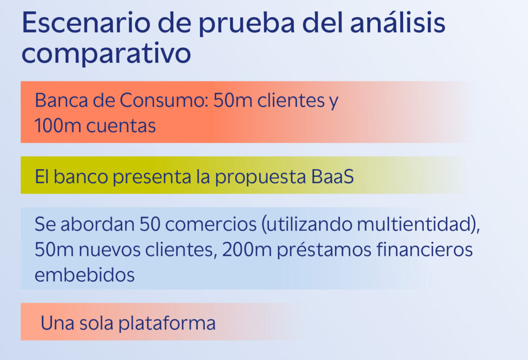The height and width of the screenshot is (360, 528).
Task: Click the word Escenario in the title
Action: click(x=86, y=23)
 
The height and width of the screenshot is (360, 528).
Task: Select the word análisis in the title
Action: click(x=398, y=22)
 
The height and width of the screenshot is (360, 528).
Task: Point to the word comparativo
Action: click(x=106, y=54)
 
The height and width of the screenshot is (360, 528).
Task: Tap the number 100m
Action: click(x=58, y=126)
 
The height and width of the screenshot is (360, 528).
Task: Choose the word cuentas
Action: click(x=121, y=126)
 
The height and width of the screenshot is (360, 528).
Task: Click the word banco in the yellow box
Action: click(x=81, y=176)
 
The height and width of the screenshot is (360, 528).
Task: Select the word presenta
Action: click(x=152, y=177)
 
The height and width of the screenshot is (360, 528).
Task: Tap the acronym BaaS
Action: click(x=333, y=176)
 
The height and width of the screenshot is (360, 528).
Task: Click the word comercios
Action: click(x=211, y=224)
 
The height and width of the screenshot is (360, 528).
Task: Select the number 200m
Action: click(x=247, y=250)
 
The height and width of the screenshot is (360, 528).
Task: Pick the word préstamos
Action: click(x=324, y=251)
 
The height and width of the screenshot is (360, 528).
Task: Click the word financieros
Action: click(x=424, y=250)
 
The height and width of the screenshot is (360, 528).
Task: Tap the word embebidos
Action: click(x=85, y=275)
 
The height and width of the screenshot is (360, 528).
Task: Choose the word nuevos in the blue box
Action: click(x=109, y=250)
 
